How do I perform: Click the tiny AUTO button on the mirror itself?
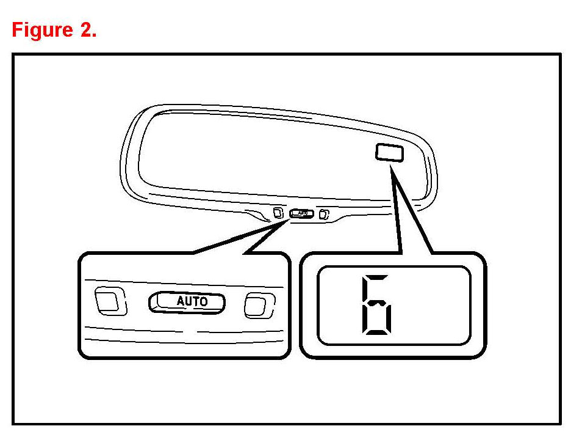301,213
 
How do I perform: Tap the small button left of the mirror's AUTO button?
278,213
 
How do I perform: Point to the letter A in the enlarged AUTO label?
181,301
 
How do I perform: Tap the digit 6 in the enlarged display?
376,306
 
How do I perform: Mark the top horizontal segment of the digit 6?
378,277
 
